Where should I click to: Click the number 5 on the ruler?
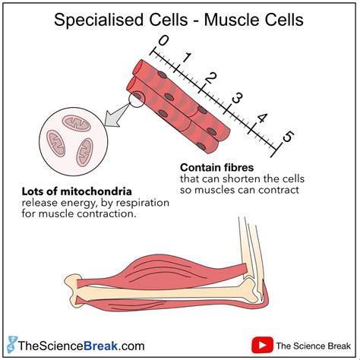(288, 138)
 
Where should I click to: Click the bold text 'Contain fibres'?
(216, 166)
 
